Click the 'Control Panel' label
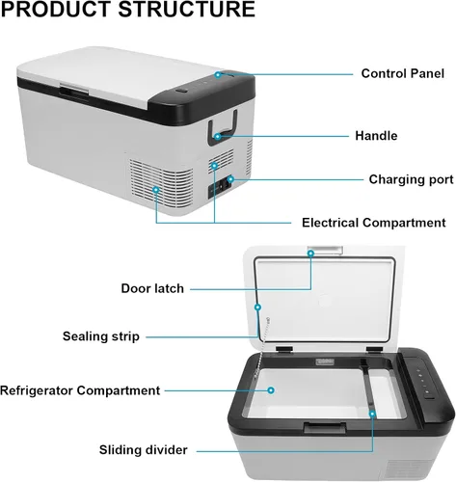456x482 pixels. (402, 73)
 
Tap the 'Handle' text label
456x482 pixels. (376, 136)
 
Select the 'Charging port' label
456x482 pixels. (411, 179)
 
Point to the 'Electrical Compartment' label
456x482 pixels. (374, 223)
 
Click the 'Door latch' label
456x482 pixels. (152, 288)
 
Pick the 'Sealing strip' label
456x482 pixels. (101, 336)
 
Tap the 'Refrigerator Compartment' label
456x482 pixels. (80, 390)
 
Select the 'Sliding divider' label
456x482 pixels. (143, 450)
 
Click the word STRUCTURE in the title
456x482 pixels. (186, 9)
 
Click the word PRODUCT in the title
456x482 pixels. (56, 9)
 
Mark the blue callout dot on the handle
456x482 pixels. (218, 137)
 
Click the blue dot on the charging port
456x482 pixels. (230, 179)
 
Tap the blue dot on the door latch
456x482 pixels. (310, 254)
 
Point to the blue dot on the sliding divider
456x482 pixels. (372, 414)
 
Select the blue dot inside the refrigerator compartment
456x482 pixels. (271, 390)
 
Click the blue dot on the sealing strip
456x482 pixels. (257, 308)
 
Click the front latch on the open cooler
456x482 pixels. (325, 428)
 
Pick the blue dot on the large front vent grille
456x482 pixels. (156, 190)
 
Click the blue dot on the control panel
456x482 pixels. (218, 75)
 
